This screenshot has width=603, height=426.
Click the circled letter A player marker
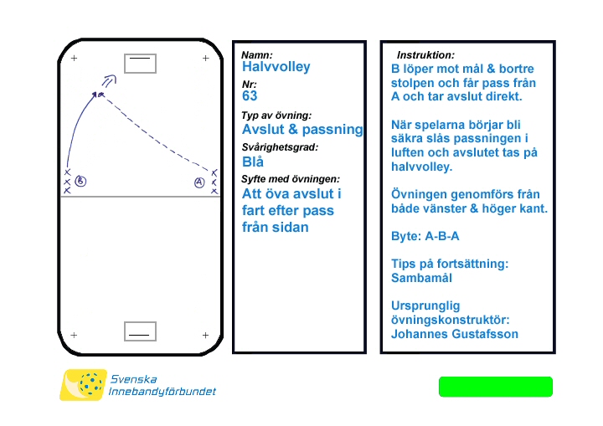click(x=199, y=182)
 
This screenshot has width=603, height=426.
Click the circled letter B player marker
click(x=81, y=181)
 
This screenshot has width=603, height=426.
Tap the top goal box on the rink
click(x=140, y=62)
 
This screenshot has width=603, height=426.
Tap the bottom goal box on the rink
click(x=140, y=332)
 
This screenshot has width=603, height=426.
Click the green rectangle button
click(x=496, y=387)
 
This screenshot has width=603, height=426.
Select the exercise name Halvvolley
click(x=276, y=67)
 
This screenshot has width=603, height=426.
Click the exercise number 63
click(x=250, y=96)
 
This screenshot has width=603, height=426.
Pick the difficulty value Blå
click(x=253, y=162)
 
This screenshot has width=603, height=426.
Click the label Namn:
click(x=257, y=54)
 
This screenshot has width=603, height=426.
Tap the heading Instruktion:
click(x=425, y=54)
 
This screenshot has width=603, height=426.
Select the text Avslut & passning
click(x=302, y=130)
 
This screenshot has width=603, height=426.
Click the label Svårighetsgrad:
click(x=280, y=147)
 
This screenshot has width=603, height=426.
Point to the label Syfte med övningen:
click(x=291, y=179)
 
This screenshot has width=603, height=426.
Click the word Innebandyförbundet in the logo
click(x=162, y=392)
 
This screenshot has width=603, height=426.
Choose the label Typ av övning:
click(x=276, y=115)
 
